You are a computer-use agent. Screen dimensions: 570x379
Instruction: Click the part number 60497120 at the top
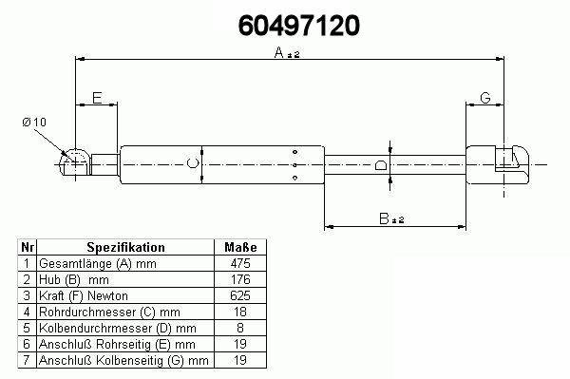click(299, 26)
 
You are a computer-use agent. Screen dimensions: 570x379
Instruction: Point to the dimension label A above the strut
click(278, 52)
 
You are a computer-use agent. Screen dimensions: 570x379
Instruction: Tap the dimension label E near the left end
click(97, 98)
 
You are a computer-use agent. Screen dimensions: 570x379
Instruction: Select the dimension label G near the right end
click(485, 98)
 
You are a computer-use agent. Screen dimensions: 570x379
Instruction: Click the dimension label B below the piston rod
click(384, 218)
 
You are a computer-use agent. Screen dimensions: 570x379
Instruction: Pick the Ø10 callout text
click(34, 123)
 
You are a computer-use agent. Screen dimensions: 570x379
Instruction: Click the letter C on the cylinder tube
click(193, 163)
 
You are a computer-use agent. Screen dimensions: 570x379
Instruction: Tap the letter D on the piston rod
click(381, 165)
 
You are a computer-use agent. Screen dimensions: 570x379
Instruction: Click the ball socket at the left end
click(74, 161)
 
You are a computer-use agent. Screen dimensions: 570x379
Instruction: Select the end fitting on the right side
click(497, 164)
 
